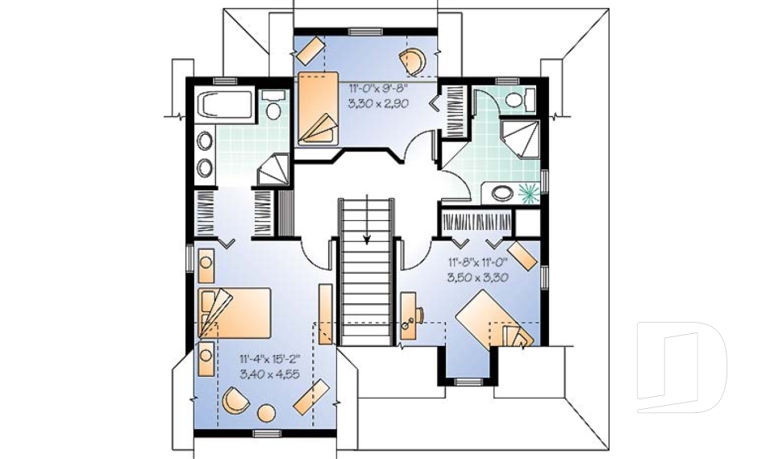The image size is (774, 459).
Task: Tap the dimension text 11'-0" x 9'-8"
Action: pyautogui.click(x=378, y=88)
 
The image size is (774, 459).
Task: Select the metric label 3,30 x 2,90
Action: pyautogui.click(x=378, y=103)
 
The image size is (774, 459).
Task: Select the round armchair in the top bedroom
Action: pyautogui.click(x=414, y=60)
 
